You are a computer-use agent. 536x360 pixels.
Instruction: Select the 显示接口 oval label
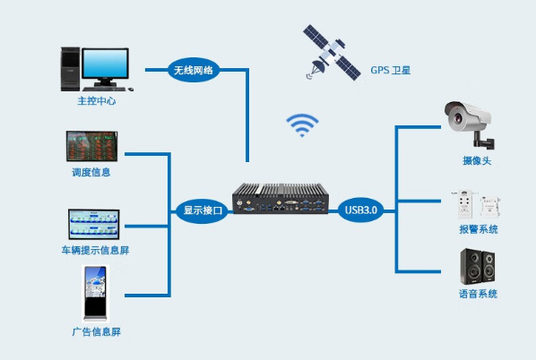203,211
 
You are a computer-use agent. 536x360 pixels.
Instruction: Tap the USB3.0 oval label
362,211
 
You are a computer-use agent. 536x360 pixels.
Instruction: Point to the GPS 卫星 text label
391,70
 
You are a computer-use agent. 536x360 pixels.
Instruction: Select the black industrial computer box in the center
281,201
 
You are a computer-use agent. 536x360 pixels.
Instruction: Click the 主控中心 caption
96,101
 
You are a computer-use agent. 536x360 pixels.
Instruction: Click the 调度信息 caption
91,172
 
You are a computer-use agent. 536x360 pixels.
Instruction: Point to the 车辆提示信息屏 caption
95,251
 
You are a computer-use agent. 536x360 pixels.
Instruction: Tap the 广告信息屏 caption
96,332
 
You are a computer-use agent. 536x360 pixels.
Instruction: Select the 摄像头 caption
476,161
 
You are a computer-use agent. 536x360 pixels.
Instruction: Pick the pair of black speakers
476,267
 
